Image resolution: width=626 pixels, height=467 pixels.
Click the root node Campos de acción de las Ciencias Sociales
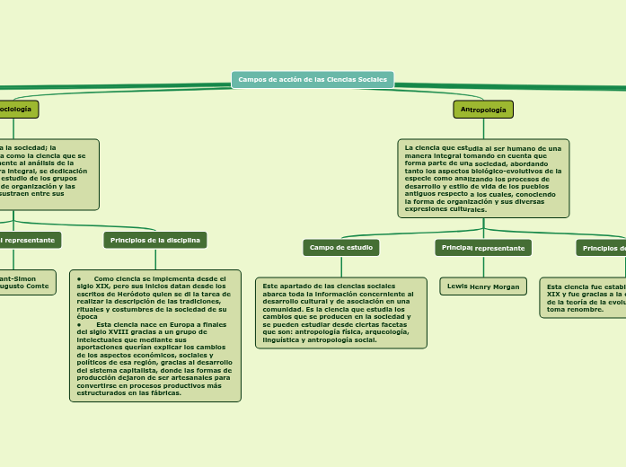tap(313, 80)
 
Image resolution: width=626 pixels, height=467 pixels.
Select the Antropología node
tap(483, 110)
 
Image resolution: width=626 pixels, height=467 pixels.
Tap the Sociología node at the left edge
tap(16, 110)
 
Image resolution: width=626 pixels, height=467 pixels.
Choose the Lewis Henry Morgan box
tap(483, 286)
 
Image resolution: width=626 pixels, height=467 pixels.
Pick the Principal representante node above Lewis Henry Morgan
tap(483, 248)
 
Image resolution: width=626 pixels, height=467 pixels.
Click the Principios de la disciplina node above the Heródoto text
tap(155, 240)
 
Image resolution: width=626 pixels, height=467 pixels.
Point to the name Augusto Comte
tap(27, 286)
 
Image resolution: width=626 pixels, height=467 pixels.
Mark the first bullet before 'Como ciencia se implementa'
tap(80, 278)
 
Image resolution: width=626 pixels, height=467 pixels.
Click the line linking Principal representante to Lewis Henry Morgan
tap(483, 267)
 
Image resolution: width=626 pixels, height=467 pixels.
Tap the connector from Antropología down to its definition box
tap(483, 128)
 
